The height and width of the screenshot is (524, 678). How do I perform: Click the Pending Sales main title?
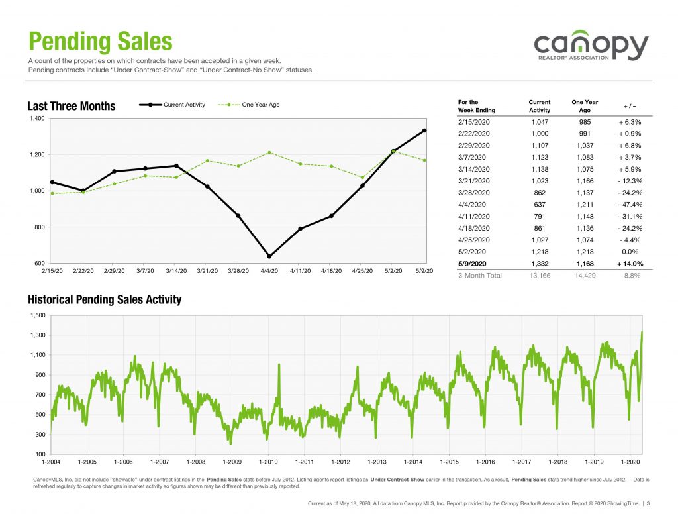pos(100,42)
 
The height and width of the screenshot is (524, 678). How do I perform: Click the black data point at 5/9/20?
pos(424,131)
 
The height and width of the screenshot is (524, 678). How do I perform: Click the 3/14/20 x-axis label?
pos(175,272)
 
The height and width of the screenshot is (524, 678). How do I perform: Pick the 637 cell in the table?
pos(539,204)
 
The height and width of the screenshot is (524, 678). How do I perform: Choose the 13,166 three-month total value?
pos(539,276)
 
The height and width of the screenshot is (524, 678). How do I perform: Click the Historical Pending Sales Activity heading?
pos(104,300)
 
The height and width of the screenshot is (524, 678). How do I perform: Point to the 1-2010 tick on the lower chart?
pos(269,461)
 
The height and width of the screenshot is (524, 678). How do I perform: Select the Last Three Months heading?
pos(71,106)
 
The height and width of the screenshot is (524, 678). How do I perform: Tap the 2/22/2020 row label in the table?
pos(475,133)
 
